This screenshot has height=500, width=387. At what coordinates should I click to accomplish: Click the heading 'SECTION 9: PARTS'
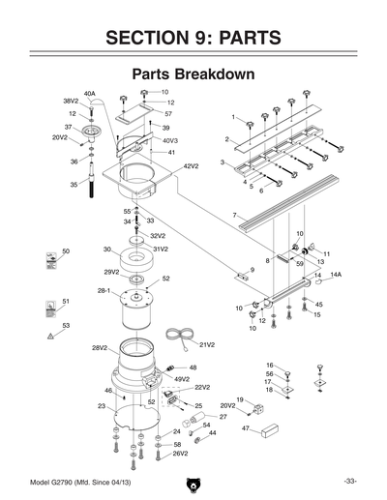click(x=193, y=37)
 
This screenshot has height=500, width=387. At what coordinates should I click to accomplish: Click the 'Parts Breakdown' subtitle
click(x=193, y=74)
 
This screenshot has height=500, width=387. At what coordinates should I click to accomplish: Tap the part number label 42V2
click(x=192, y=165)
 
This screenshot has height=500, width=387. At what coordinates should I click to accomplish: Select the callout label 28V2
click(x=98, y=347)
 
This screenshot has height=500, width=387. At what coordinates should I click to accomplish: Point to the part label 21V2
click(x=206, y=344)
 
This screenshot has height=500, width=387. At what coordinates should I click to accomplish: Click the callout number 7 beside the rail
click(x=234, y=214)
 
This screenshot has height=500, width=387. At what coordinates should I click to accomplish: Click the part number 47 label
click(x=246, y=426)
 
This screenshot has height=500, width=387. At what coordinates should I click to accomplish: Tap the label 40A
click(x=89, y=94)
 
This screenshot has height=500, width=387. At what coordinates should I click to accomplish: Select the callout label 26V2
click(x=180, y=453)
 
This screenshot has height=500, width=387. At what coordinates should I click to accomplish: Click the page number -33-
click(x=349, y=482)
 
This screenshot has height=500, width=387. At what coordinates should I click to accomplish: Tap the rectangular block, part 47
click(x=268, y=429)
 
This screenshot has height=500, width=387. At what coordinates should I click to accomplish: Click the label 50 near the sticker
click(x=65, y=251)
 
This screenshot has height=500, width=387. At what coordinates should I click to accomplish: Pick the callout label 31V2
click(x=160, y=249)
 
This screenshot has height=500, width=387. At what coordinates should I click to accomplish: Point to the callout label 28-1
click(x=103, y=289)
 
